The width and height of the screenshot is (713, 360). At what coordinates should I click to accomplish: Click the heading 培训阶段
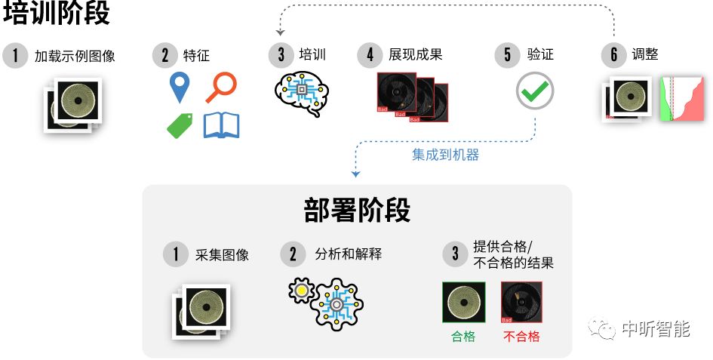point(57,13)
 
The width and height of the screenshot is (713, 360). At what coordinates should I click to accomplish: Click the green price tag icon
point(180,125)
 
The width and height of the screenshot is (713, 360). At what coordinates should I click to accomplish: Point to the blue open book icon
point(221,125)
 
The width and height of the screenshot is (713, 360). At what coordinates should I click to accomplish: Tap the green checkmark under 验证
point(535,91)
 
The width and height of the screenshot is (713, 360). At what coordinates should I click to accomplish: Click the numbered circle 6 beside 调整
point(613,55)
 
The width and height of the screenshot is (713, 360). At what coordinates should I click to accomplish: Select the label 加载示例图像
point(75,56)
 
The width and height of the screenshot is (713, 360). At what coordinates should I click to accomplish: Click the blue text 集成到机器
point(445,155)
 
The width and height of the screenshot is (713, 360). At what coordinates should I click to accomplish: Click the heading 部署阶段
point(357,211)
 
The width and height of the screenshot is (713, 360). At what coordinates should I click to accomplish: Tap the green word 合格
point(463,337)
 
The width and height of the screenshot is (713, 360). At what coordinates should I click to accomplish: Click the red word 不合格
point(521,337)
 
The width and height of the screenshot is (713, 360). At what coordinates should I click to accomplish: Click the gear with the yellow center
point(301,291)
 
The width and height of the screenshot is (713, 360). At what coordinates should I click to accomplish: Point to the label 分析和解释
point(348,254)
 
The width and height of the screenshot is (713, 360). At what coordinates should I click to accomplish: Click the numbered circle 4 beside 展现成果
point(370,55)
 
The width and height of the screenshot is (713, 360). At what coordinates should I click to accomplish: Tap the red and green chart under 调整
point(681,98)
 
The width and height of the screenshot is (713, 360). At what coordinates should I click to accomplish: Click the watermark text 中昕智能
point(656,329)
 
